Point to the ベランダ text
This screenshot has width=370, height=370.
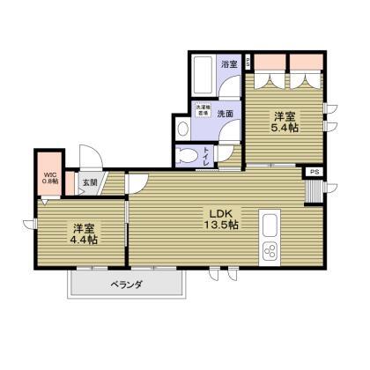click(127, 285)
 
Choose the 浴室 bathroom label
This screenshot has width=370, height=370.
click(228, 64)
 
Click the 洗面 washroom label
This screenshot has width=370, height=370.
click(226, 113)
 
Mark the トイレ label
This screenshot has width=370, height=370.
click(231, 156)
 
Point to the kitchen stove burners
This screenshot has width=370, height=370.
click(269, 252)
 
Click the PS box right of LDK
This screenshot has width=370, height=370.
click(314, 173)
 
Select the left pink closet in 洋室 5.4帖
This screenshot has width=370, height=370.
click(270, 65)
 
